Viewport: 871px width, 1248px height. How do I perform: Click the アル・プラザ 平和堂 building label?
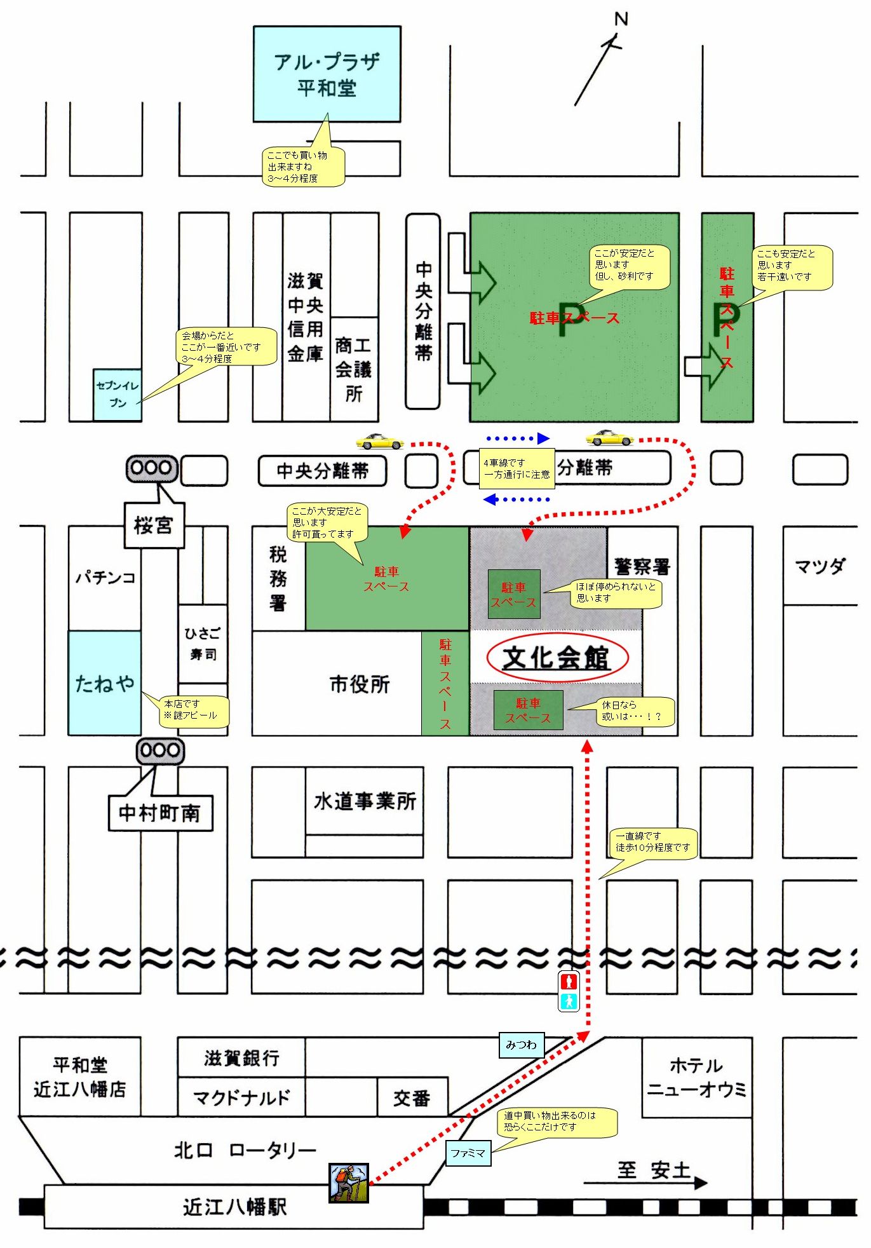coord(327,74)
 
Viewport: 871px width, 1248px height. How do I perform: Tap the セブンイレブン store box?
coord(118,395)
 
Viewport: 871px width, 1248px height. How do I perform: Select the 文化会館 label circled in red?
coord(557,658)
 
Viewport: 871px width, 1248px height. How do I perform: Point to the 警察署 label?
coord(642,566)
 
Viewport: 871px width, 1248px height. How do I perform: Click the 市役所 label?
coord(360,684)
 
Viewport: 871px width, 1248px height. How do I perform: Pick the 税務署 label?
coord(278,578)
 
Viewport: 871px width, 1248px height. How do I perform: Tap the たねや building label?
coord(105,683)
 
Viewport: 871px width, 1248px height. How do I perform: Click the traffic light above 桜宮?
coord(152,468)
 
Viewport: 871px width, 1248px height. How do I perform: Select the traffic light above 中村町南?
coord(160,750)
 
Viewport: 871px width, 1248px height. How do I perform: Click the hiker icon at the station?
coord(349,1183)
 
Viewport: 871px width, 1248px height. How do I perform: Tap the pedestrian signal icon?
coord(569,991)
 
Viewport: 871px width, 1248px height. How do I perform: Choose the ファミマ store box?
coord(468,1153)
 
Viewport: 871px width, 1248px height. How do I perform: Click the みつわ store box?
coord(521,1045)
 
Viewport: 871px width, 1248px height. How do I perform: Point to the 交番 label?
coord(412,1098)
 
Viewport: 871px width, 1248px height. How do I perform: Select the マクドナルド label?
coord(241,1097)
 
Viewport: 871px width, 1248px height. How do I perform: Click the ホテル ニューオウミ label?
coord(697,1077)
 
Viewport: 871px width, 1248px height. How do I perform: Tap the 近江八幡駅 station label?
coord(235,1207)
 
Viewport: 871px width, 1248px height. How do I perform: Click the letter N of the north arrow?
coord(621,19)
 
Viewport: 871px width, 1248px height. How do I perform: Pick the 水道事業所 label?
coord(365,801)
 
